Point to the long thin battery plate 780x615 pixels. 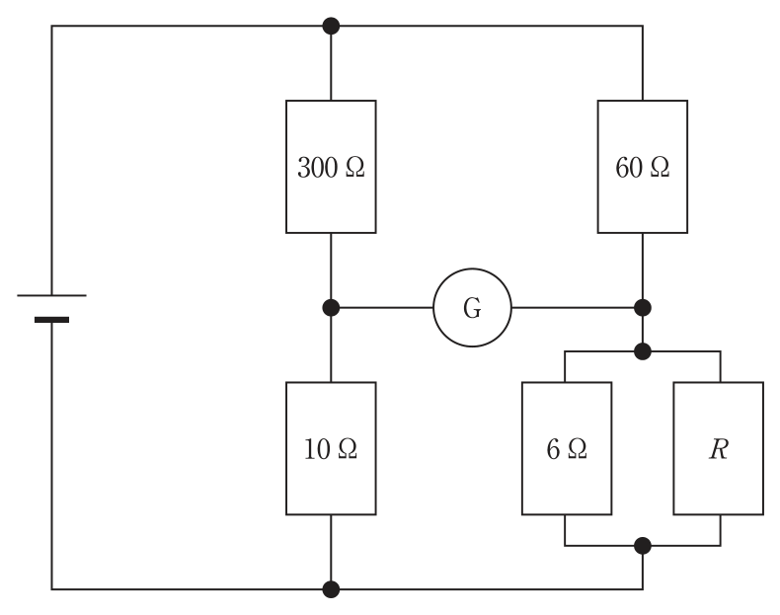pos(51,295)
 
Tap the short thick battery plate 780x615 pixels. pos(51,320)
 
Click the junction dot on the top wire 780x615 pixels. pos(331,26)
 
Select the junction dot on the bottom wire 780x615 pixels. pos(331,589)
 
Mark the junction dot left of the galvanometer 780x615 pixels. pos(331,308)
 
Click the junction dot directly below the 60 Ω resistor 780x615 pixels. pos(643,308)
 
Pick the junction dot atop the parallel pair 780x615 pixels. pos(643,351)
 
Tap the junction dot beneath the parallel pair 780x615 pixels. pos(643,545)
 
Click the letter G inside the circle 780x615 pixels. pos(472,308)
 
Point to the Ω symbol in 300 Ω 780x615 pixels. pos(354,168)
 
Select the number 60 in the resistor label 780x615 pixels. pos(629,168)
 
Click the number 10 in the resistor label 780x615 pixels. pos(317,449)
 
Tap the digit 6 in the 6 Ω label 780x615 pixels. pos(553,449)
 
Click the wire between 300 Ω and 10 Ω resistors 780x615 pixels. pos(331,308)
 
